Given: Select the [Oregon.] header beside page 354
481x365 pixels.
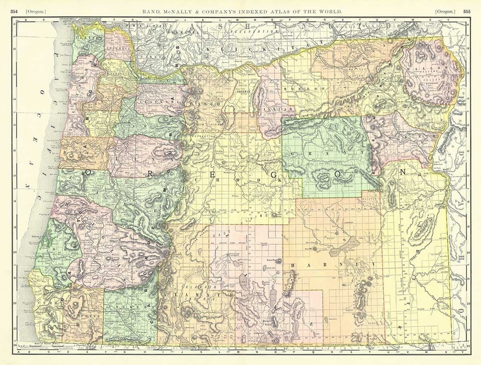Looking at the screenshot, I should pos(36,11).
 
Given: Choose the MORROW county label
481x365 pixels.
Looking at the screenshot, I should pos(311,89).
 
